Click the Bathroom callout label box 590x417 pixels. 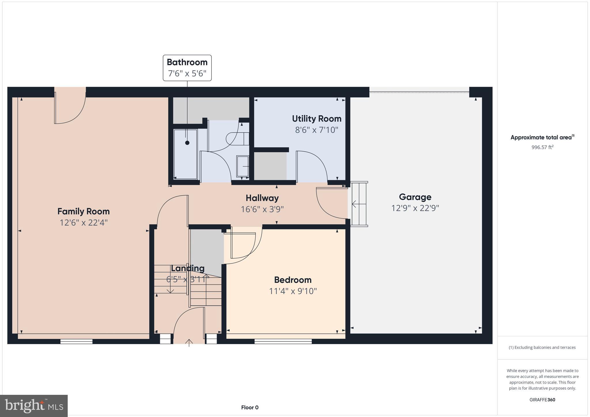click(x=187, y=68)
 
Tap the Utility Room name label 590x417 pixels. click(x=317, y=119)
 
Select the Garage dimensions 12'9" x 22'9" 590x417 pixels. click(x=415, y=208)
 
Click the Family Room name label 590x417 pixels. click(x=84, y=211)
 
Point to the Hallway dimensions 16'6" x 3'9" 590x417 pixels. click(x=262, y=209)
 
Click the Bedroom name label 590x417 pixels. click(x=293, y=280)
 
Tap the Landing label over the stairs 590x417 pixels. click(x=188, y=268)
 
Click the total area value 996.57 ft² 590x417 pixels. click(x=542, y=147)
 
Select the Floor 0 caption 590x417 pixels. click(x=250, y=407)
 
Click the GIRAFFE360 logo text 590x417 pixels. click(x=542, y=400)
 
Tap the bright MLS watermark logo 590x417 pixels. click(x=34, y=406)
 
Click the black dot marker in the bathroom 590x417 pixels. click(x=187, y=143)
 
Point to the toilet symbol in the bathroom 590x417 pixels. click(x=237, y=139)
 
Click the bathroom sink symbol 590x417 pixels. click(x=243, y=166)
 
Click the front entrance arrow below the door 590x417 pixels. click(x=189, y=343)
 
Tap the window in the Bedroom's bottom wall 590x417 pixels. click(x=283, y=341)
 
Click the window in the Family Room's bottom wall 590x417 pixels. click(x=76, y=341)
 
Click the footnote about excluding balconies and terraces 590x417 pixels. click(x=542, y=347)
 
